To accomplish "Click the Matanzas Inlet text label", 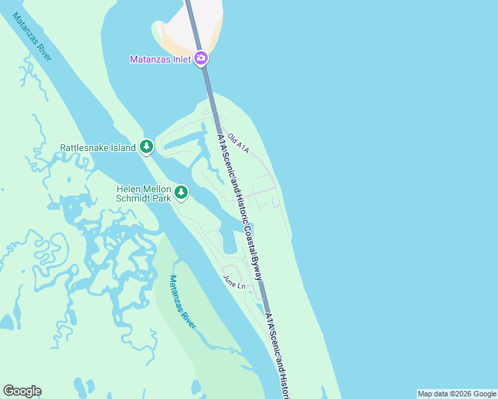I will pos(160,59).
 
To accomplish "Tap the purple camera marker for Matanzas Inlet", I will pos(202,59).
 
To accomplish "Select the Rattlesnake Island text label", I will pos(98,148).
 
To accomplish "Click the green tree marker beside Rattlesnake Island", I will pos(146,147).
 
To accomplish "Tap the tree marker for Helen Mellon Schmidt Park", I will pos(181,193).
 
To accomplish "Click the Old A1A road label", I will pos(238,143).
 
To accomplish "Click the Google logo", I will pos(22,391).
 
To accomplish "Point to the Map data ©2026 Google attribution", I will pos(456,394).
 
